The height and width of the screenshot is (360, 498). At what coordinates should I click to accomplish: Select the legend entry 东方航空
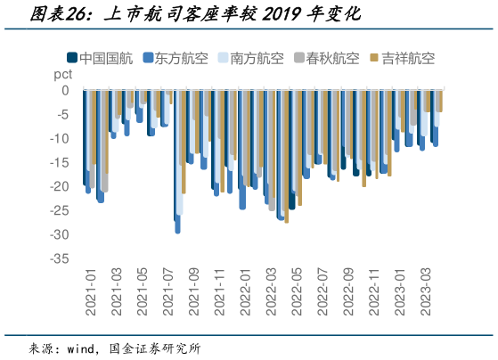181,61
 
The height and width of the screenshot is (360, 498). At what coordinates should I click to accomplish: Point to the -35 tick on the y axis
58,258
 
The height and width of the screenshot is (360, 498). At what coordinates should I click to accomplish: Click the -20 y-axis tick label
58,186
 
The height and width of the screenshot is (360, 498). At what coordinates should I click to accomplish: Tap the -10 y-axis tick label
58,138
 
